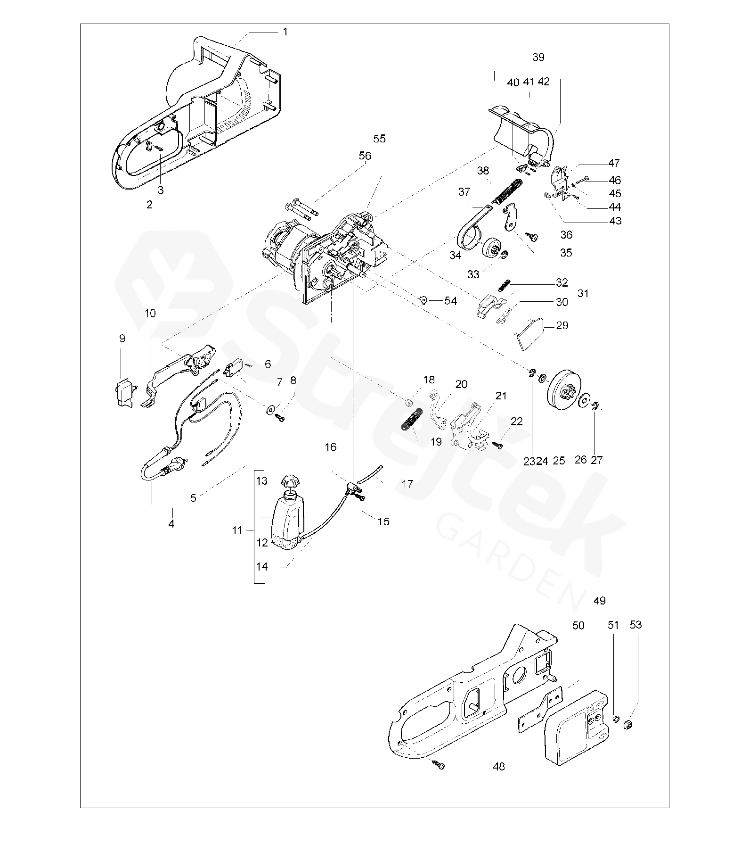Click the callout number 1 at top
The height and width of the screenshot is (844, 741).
point(285,32)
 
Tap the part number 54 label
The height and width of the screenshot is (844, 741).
point(451,301)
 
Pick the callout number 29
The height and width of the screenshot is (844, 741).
point(562,325)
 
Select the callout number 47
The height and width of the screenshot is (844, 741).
point(614,163)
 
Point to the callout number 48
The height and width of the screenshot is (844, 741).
point(498,767)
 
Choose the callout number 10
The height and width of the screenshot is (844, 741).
point(150,313)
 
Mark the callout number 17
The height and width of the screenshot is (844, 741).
point(407,484)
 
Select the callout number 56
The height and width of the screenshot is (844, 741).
point(365,156)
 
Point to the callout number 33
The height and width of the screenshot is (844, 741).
point(473,274)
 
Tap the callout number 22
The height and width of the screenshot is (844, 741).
point(517,422)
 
